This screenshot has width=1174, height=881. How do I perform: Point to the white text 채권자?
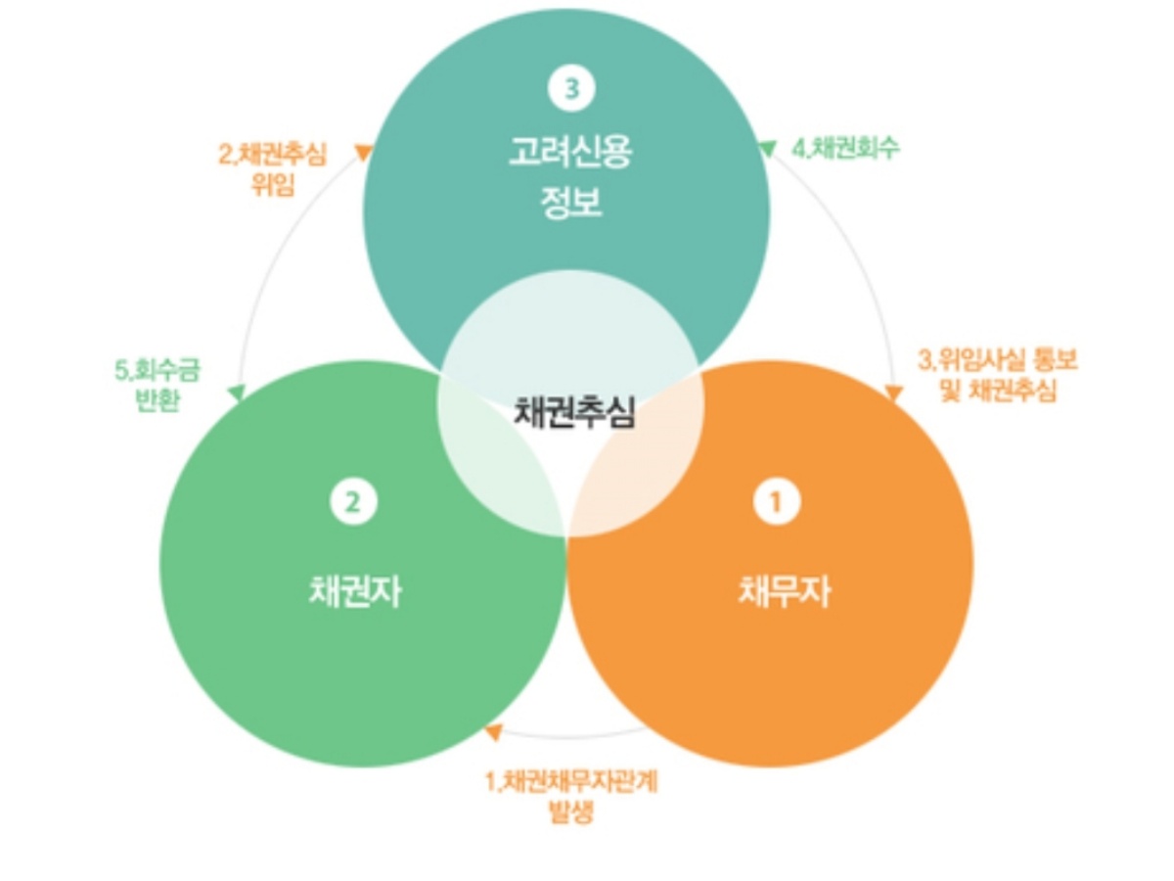pos(354,591)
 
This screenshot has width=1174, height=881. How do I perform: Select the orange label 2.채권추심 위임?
pos(271,168)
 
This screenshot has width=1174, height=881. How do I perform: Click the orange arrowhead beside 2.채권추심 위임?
pos(363,152)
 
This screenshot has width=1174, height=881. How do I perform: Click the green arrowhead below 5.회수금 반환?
pos(236,394)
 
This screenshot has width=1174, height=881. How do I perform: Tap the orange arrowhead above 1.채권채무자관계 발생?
pos(494,732)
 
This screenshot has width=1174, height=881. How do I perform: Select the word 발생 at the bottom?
pos(571,811)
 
